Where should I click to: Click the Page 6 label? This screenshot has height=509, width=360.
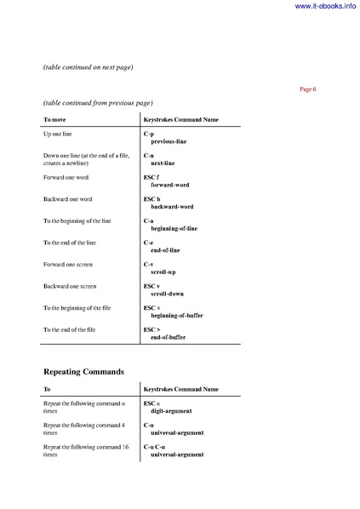307,89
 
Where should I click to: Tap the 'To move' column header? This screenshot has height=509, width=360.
60,119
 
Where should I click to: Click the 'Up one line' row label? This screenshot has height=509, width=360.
60,134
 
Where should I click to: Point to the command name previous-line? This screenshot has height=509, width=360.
169,141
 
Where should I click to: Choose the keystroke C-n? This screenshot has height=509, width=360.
148,156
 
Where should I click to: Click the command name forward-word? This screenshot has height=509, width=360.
169,185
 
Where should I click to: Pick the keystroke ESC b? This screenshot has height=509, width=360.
151,199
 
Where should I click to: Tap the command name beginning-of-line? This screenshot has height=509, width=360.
174,228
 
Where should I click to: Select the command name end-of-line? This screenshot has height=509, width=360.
165,250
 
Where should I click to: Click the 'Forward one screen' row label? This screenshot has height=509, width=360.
67,265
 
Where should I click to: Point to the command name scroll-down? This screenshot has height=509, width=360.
167,294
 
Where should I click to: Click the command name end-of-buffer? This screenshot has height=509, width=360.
168,337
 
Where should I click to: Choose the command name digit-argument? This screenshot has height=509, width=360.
171,410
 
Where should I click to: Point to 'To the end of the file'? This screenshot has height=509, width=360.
73,329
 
